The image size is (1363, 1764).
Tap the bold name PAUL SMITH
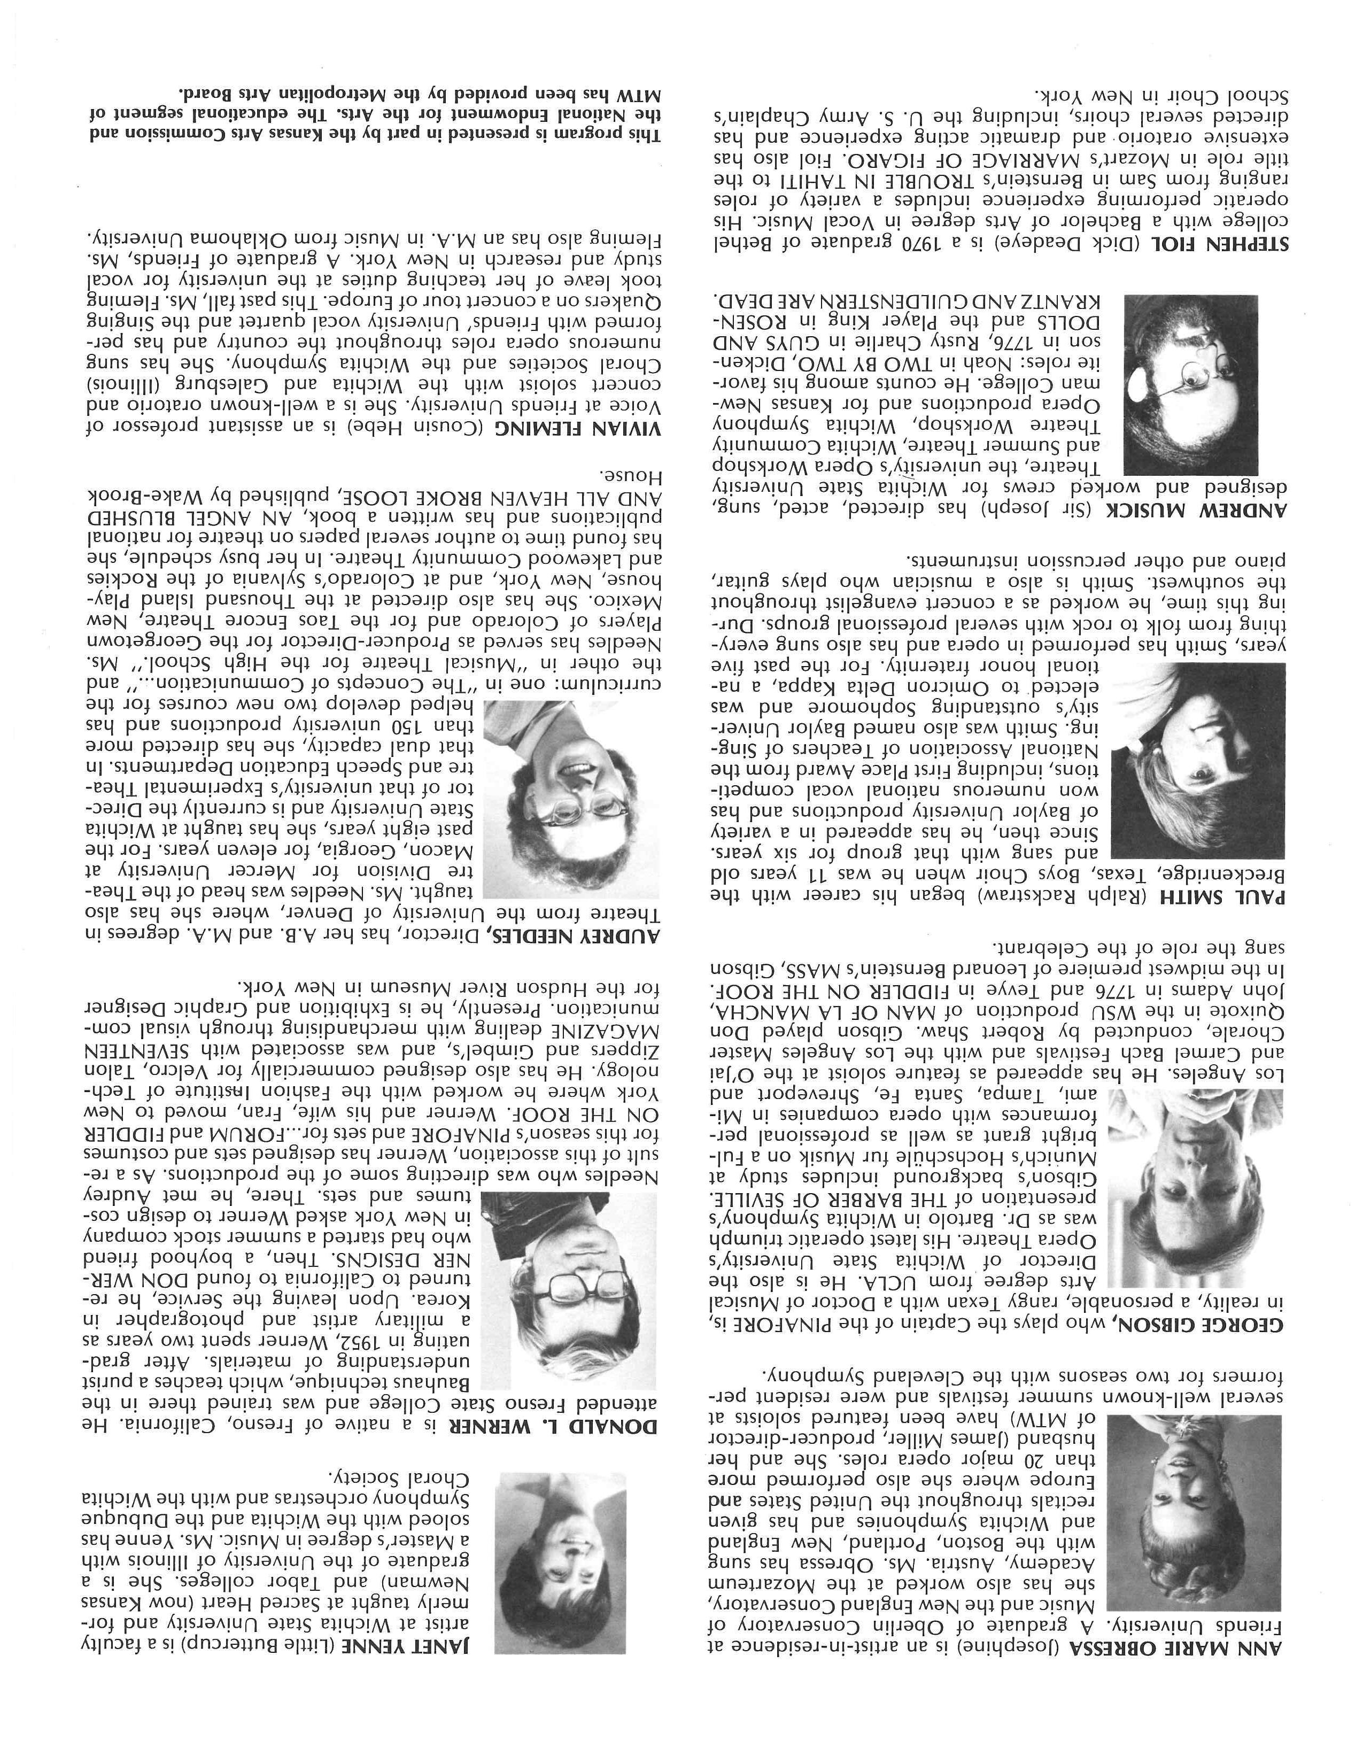coord(1235,898)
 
